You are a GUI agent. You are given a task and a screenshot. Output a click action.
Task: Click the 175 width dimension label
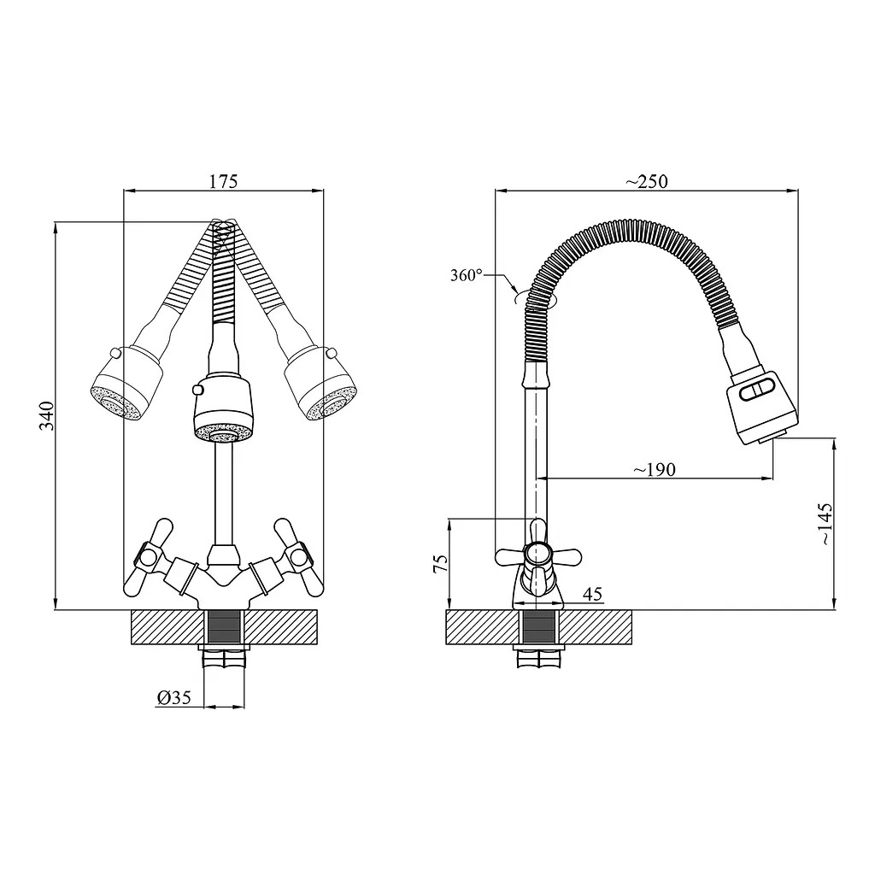(x=223, y=181)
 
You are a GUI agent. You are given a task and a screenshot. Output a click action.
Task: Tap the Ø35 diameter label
(x=174, y=697)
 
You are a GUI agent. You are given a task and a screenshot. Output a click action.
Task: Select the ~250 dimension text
(x=646, y=181)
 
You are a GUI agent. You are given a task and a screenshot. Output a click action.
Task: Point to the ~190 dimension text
(x=654, y=470)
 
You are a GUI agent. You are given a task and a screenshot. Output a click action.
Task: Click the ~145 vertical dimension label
(x=825, y=524)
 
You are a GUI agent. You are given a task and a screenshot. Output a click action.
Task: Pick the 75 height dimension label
(x=441, y=563)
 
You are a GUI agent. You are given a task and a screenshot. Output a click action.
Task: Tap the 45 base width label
(x=593, y=594)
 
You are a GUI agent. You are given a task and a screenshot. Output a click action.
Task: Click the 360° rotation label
(x=467, y=275)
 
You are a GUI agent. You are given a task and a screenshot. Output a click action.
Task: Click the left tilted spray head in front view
(x=127, y=384)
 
